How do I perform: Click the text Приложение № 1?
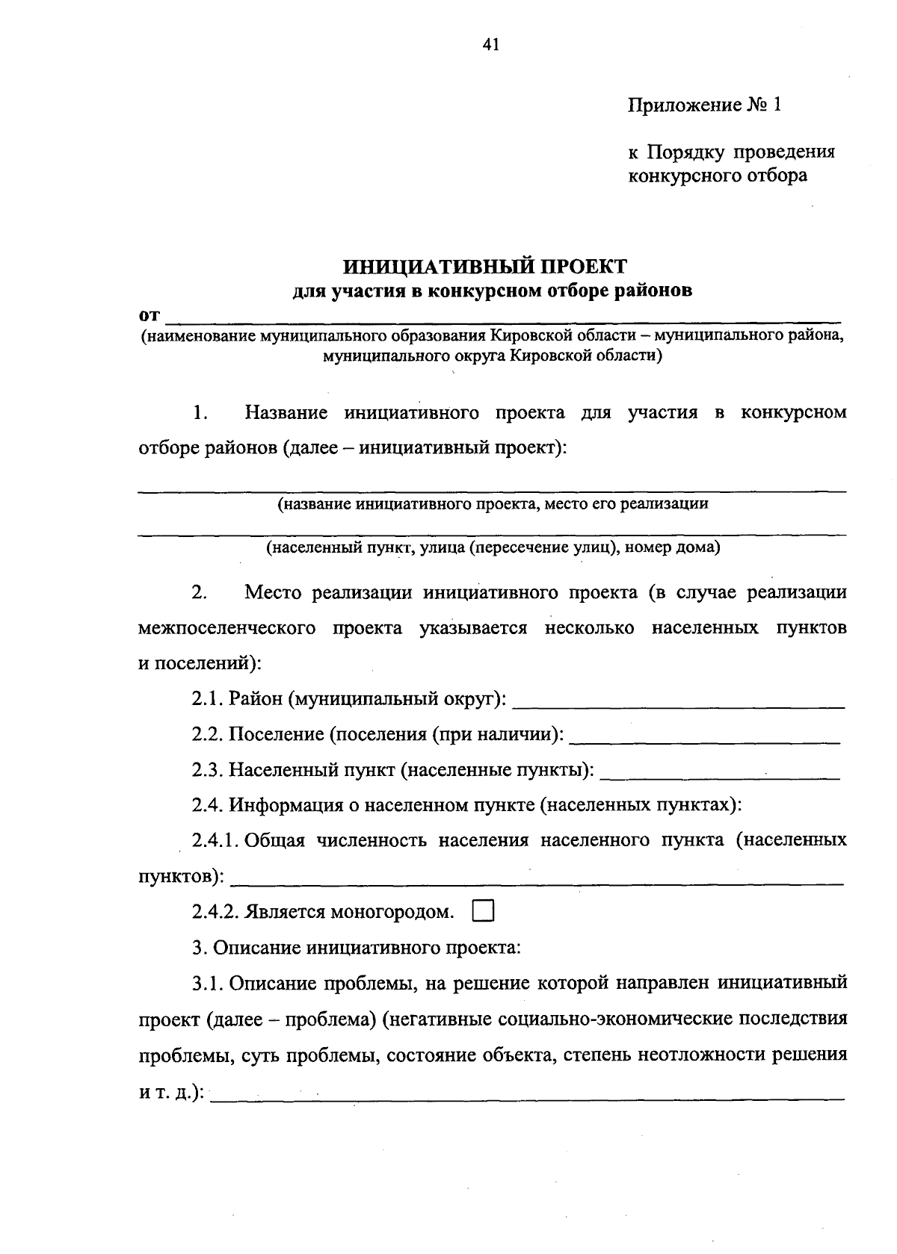[703, 105]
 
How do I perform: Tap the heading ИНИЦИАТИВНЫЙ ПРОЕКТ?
[485, 267]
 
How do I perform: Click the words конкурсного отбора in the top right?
[717, 176]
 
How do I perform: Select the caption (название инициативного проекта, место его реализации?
[493, 504]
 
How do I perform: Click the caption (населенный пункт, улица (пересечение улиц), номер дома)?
[493, 548]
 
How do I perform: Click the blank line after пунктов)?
[535, 881]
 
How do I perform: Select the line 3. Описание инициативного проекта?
[356, 949]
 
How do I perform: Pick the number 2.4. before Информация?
[207, 805]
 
